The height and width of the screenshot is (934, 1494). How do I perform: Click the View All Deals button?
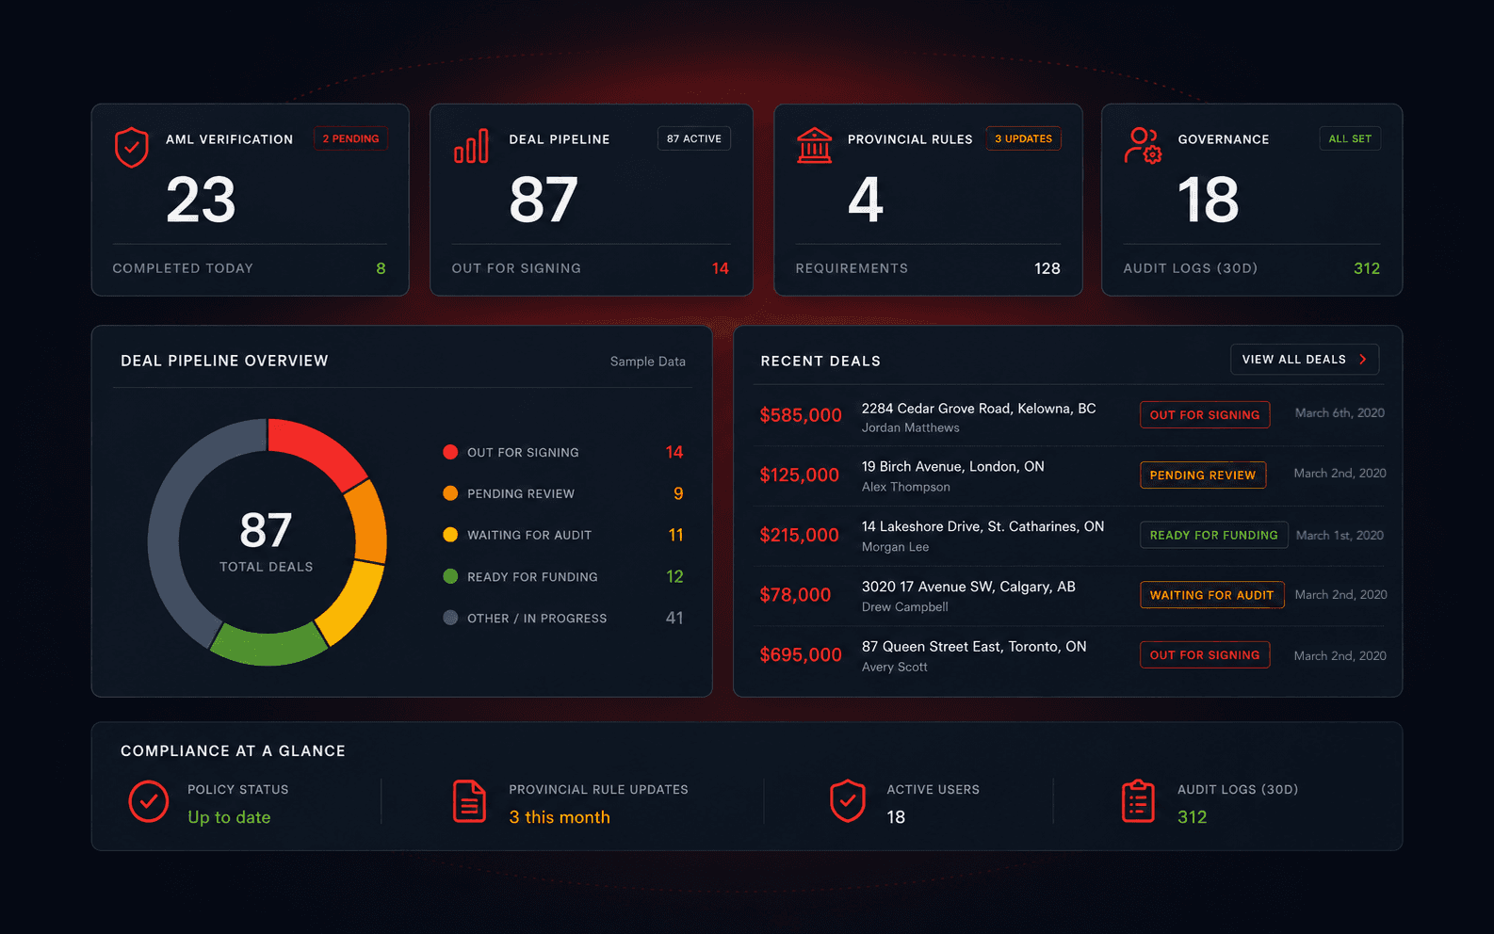[1304, 360]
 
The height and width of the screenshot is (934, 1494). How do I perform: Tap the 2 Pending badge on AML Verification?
[350, 138]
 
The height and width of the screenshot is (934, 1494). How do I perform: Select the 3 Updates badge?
[1023, 138]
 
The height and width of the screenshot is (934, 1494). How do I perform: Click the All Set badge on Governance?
[1350, 138]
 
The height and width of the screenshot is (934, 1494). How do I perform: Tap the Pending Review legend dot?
[450, 493]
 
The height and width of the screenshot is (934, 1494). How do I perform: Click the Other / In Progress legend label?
[537, 618]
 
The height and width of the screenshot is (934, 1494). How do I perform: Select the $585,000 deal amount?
[801, 414]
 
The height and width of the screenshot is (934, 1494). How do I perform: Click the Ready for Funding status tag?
[1214, 535]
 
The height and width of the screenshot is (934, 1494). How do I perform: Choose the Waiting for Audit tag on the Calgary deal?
[1212, 595]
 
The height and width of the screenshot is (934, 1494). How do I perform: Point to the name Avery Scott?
[894, 667]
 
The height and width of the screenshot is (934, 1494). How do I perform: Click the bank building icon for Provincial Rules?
[815, 145]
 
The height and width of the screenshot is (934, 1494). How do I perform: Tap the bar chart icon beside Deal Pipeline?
[471, 146]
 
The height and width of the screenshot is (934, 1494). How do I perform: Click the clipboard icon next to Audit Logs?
[1138, 800]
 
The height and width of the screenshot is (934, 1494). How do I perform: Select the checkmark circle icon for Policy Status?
[148, 800]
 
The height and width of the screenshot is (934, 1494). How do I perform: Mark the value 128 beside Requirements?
[1047, 268]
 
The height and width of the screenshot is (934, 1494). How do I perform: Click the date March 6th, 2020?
[1340, 412]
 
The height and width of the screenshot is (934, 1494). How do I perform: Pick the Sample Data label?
[648, 362]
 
